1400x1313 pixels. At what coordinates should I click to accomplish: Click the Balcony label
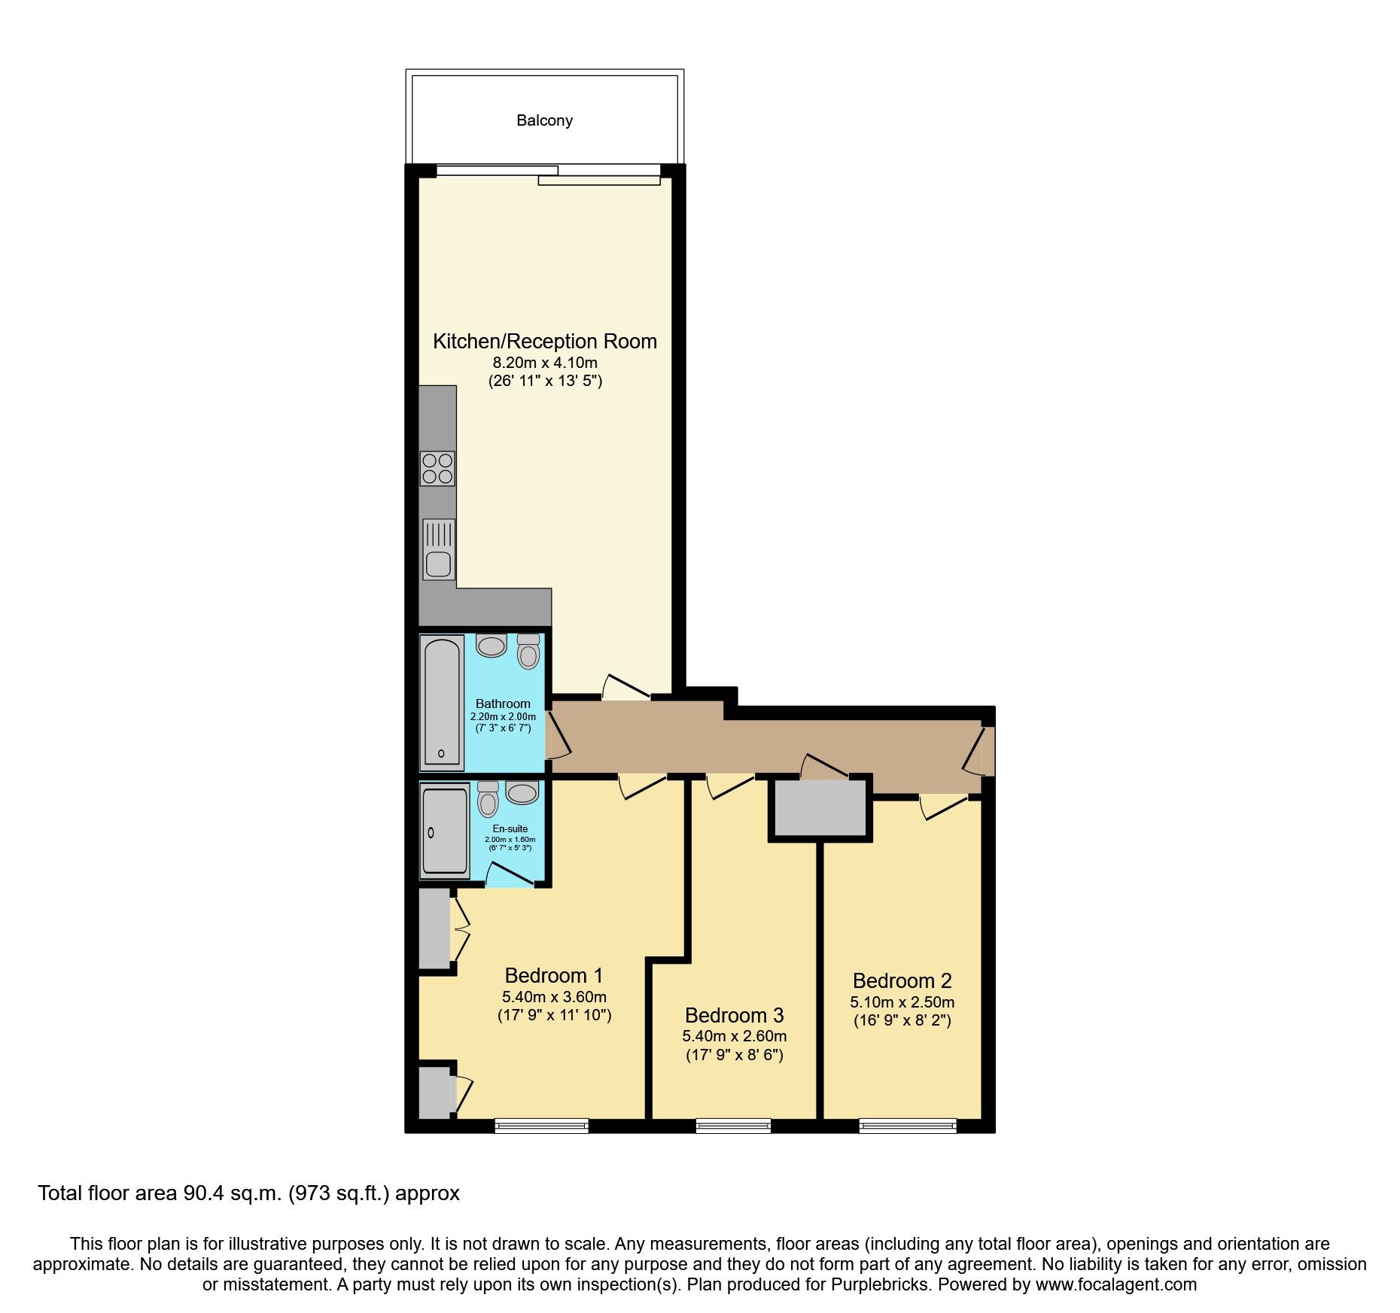pos(544,120)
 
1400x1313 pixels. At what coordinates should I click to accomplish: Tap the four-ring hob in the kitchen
pos(437,468)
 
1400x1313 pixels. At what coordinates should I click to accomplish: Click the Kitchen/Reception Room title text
pos(544,342)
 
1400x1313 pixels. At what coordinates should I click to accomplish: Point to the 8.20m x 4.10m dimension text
pos(544,363)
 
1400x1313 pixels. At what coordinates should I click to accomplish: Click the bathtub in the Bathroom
pos(442,702)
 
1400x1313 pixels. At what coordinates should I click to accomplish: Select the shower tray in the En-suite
pos(446,831)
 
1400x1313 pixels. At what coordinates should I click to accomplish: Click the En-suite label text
pos(510,828)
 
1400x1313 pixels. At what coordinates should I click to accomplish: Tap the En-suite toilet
pos(488,800)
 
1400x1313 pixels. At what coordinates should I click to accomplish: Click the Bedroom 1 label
pos(553,976)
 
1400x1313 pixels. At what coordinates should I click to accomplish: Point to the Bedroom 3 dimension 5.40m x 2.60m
pos(734,1036)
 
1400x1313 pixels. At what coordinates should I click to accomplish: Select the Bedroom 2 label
pos(902,981)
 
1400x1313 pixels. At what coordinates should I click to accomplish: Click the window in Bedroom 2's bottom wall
pos(908,1126)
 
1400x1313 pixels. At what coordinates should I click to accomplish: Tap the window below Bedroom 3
pos(733,1126)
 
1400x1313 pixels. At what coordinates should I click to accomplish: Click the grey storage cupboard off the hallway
pos(820,809)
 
